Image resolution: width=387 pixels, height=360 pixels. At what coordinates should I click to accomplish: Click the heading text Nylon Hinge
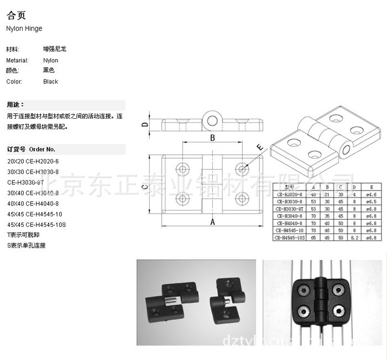point(24,29)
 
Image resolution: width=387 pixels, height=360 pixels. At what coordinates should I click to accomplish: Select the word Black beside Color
point(50,82)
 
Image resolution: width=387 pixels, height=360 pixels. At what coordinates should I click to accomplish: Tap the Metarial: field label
point(17,61)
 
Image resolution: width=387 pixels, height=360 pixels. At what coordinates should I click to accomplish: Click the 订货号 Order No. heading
point(31,149)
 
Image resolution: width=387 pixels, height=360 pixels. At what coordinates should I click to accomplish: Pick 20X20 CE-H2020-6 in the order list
point(33,161)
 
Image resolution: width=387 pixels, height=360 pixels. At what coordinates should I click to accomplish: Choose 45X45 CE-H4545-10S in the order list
point(36,225)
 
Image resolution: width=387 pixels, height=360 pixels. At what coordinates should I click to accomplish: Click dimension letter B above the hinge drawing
point(212,137)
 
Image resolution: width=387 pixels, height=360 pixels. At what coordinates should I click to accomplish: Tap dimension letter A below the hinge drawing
point(212,222)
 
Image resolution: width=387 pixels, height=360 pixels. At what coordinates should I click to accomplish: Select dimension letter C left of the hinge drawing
point(143,187)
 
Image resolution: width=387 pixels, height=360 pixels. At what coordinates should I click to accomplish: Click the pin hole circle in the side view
point(212,118)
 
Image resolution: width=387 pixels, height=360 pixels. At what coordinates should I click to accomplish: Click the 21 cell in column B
point(327,194)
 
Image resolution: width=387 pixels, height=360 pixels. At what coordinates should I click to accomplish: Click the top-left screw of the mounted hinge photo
point(303,290)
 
